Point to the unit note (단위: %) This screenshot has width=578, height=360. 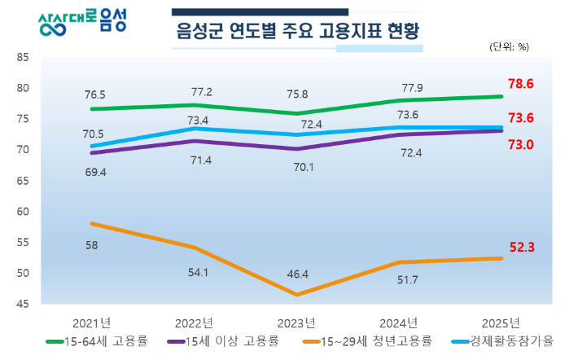coord(509,46)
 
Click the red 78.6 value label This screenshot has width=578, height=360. coord(520,84)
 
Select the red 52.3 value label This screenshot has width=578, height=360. coord(520,247)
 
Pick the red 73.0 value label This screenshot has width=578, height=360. coord(520,145)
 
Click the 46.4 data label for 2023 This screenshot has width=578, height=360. coord(298,274)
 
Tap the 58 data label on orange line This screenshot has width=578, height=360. coord(95,245)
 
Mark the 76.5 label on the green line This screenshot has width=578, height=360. coord(94,94)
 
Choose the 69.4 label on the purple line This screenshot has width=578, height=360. coord(94,173)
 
